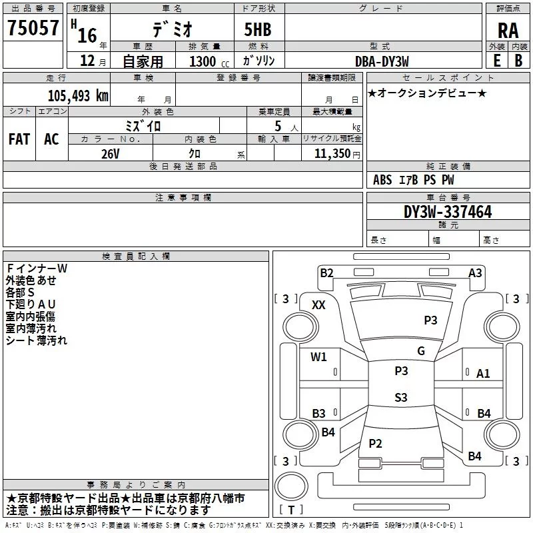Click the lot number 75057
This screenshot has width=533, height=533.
point(33,27)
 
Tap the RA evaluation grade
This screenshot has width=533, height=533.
point(508,31)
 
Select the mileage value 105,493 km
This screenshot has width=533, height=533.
point(78,96)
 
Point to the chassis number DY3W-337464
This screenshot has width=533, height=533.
point(448,212)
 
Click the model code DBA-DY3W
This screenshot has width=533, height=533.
point(382,61)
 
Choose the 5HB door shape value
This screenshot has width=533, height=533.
point(258,29)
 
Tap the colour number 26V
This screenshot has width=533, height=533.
point(111,154)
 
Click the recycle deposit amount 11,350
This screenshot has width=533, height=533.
point(332,153)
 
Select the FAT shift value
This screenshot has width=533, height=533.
point(19,139)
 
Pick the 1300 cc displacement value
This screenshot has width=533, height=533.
point(209,61)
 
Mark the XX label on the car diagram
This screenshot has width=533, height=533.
point(318,305)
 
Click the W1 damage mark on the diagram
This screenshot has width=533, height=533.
point(318,356)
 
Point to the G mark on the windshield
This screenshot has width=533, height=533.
point(421,350)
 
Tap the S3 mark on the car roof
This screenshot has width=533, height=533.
point(401,397)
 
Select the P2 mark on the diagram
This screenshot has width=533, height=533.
point(375,443)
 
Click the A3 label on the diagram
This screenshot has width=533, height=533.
point(475,272)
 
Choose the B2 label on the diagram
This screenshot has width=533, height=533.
point(326,272)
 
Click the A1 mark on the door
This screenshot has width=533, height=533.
point(483,374)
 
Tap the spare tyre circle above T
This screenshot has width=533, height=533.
point(291,486)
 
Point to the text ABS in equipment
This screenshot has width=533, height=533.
point(382,180)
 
